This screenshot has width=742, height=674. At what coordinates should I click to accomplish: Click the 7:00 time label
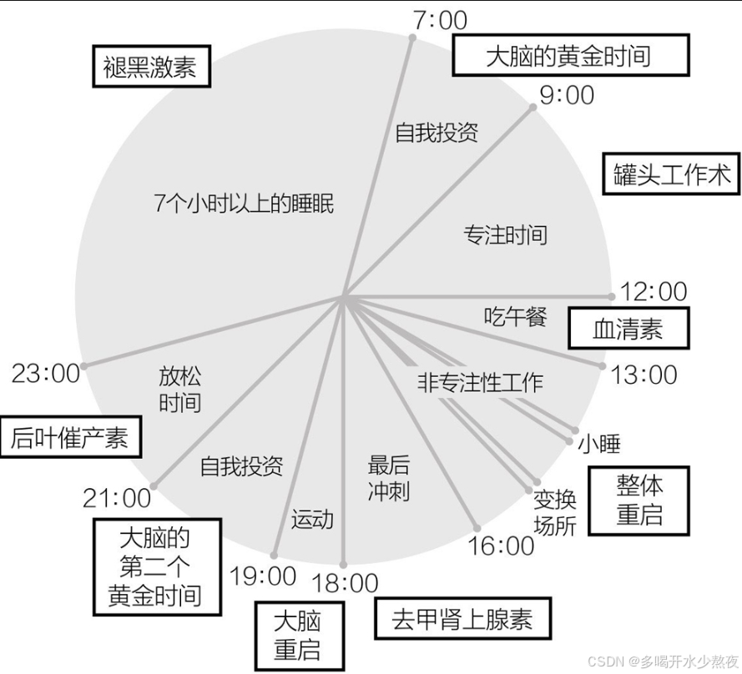pyautogui.click(x=440, y=20)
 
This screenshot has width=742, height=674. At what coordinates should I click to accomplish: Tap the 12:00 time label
pyautogui.click(x=654, y=291)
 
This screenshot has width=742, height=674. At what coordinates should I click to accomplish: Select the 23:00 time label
pyautogui.click(x=46, y=373)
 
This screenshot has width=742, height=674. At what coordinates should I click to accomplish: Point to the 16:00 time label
pyautogui.click(x=501, y=546)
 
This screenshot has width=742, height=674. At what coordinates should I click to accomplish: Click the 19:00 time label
pyautogui.click(x=263, y=576)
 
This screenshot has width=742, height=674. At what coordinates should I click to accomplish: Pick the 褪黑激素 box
pyautogui.click(x=150, y=67)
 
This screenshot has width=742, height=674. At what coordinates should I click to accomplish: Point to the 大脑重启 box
pyautogui.click(x=297, y=635)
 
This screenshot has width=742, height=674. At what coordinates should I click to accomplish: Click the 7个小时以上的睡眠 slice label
pyautogui.click(x=244, y=203)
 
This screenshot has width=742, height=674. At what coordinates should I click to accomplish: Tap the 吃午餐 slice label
pyautogui.click(x=515, y=316)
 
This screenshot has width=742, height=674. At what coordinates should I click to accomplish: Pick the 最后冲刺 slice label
pyautogui.click(x=388, y=478)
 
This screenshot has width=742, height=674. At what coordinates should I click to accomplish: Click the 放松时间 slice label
pyautogui.click(x=179, y=389)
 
